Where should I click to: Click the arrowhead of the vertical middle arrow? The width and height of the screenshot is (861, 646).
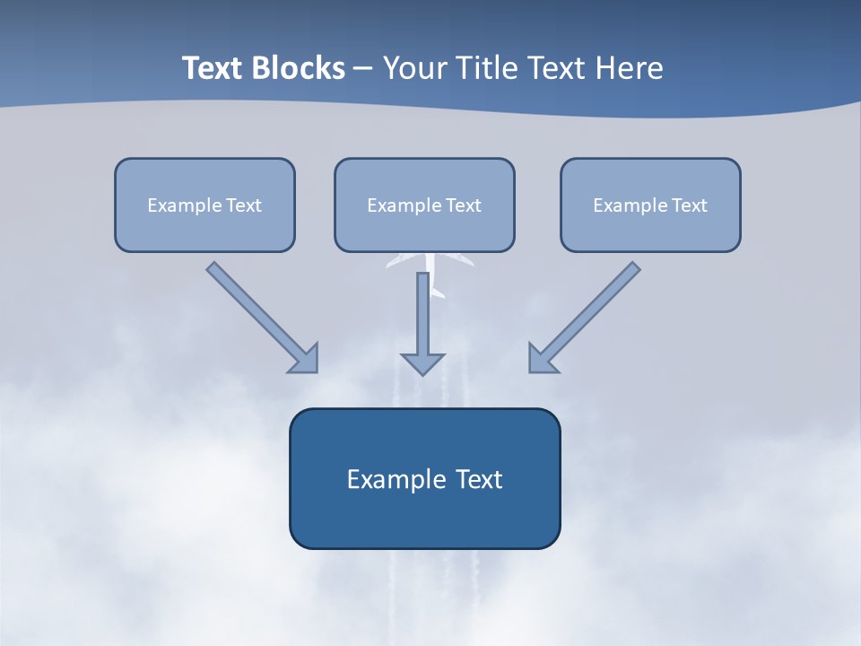[423, 362]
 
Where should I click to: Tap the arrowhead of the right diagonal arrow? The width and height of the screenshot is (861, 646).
[542, 359]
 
